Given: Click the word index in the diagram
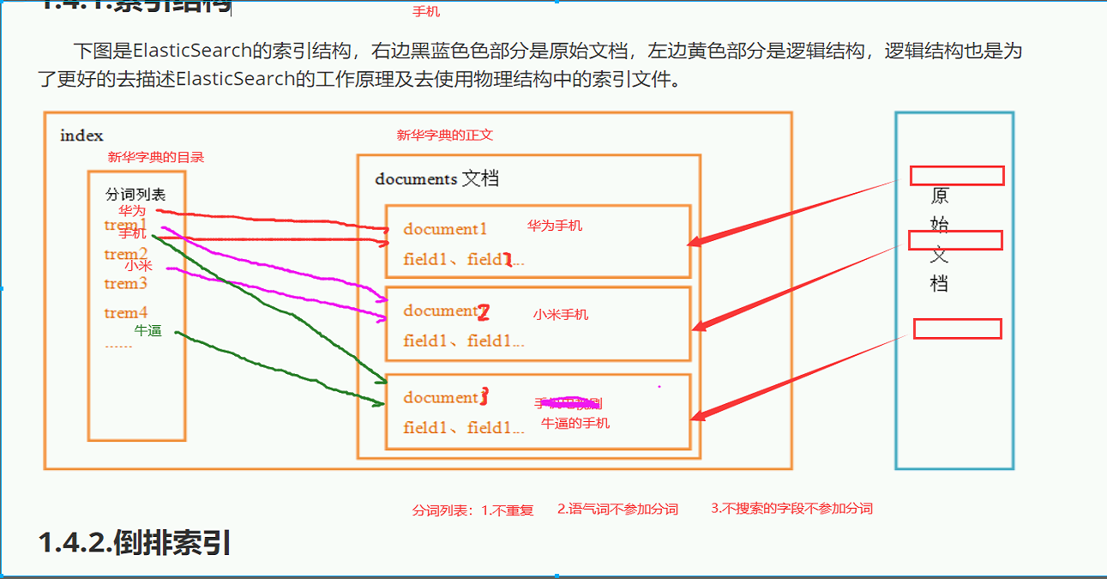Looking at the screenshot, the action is pyautogui.click(x=81, y=136).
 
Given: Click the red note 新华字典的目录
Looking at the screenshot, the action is pyautogui.click(x=156, y=158).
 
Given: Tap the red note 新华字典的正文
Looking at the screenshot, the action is pyautogui.click(x=444, y=136).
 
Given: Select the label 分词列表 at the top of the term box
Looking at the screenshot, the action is pyautogui.click(x=135, y=195).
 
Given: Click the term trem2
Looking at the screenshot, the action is pyautogui.click(x=126, y=255).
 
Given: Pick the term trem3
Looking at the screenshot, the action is pyautogui.click(x=126, y=284).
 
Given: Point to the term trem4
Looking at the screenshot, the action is pyautogui.click(x=126, y=313).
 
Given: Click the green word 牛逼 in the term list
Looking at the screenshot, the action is pyautogui.click(x=147, y=330).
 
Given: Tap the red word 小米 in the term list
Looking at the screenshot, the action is pyautogui.click(x=138, y=266).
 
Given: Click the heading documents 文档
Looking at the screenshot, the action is pyautogui.click(x=436, y=179).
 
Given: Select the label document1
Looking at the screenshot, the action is pyautogui.click(x=445, y=229).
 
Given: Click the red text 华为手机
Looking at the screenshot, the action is pyautogui.click(x=555, y=226).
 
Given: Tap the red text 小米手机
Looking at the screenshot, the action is pyautogui.click(x=561, y=315).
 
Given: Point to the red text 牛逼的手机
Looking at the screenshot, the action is pyautogui.click(x=575, y=423).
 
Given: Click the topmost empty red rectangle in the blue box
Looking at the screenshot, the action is pyautogui.click(x=956, y=176).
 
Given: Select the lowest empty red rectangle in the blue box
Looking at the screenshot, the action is pyautogui.click(x=957, y=329).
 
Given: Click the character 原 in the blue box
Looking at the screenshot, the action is pyautogui.click(x=940, y=196).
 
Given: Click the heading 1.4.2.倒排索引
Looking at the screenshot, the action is pyautogui.click(x=135, y=543).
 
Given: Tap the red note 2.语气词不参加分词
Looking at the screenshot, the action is pyautogui.click(x=617, y=509).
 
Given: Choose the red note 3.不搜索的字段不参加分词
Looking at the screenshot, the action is pyautogui.click(x=791, y=509).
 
